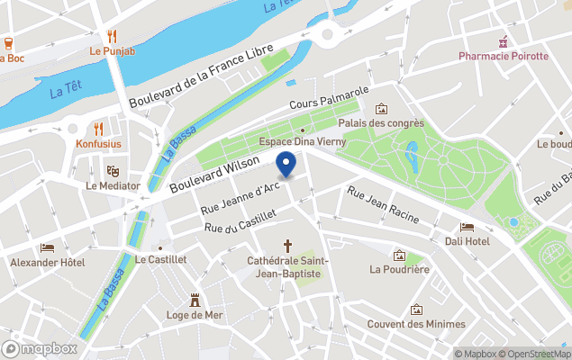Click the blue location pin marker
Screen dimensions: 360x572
pyautogui.click(x=286, y=165)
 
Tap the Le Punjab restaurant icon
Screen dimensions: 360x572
pyautogui.click(x=112, y=36)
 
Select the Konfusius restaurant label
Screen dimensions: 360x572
pyautogui.click(x=99, y=144)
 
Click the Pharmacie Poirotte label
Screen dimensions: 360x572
pyautogui.click(x=503, y=56)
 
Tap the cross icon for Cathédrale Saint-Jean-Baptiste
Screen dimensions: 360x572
pyautogui.click(x=288, y=246)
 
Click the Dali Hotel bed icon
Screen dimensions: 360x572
pyautogui.click(x=467, y=227)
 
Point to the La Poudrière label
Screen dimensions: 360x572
pyautogui.click(x=399, y=268)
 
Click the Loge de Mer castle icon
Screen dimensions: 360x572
pyautogui.click(x=195, y=300)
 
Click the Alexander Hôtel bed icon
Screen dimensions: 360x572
pyautogui.click(x=47, y=247)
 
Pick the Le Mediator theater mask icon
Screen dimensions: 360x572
pyautogui.click(x=113, y=170)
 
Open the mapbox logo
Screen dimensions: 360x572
pyautogui.click(x=40, y=348)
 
